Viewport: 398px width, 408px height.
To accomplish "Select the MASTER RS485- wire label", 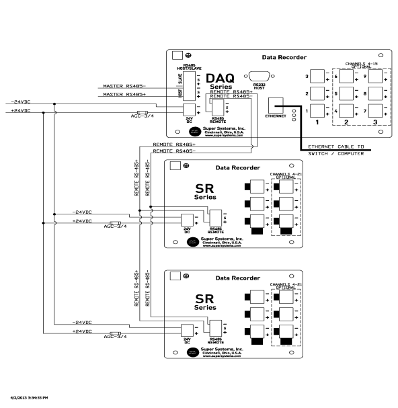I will click(126, 87).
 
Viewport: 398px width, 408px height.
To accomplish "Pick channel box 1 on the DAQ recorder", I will click(317, 110).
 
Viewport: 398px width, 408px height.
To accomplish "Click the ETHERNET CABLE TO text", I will click(335, 147).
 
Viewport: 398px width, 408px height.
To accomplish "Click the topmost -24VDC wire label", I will click(19, 103).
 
